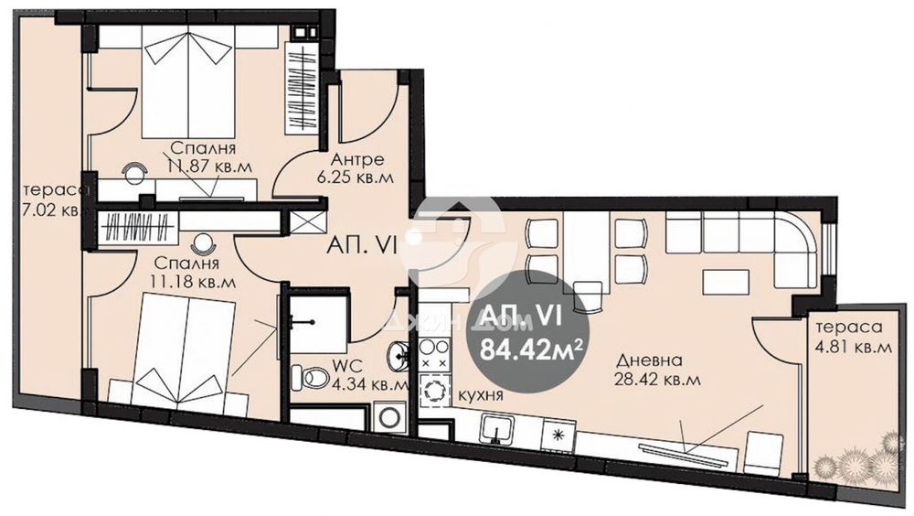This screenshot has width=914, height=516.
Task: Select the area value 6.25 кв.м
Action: (x=355, y=177)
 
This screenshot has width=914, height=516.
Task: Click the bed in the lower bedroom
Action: (x=184, y=351)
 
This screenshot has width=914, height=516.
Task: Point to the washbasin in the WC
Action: (x=399, y=352)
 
